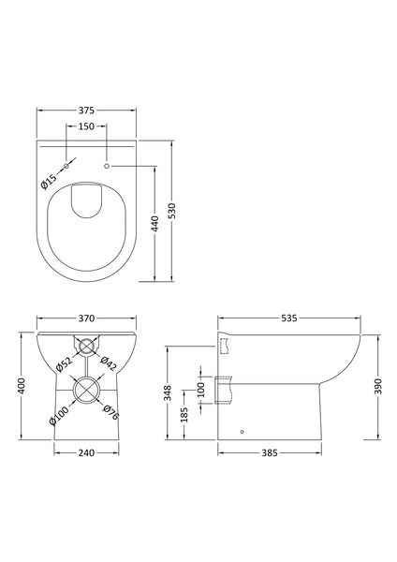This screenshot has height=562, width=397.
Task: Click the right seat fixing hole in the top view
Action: click(109, 165)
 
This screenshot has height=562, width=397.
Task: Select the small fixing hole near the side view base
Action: click(242, 432)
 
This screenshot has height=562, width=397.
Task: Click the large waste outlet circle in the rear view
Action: click(86, 388)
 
